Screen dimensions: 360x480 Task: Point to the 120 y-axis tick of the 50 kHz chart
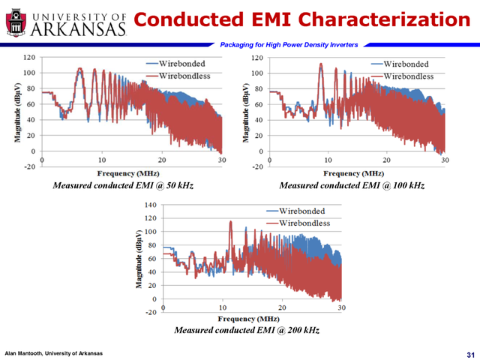tap(28, 57)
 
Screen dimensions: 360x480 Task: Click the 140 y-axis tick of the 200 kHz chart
tap(148, 204)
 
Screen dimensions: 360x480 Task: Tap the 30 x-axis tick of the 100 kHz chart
tap(445, 160)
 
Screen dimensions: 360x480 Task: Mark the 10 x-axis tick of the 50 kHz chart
tap(101, 160)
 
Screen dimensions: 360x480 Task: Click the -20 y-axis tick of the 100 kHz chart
tap(256, 167)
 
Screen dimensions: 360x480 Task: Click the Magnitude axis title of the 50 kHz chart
tap(16, 111)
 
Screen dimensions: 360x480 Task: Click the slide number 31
tap(470, 353)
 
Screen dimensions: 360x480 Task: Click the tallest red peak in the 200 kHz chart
tap(231, 221)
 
